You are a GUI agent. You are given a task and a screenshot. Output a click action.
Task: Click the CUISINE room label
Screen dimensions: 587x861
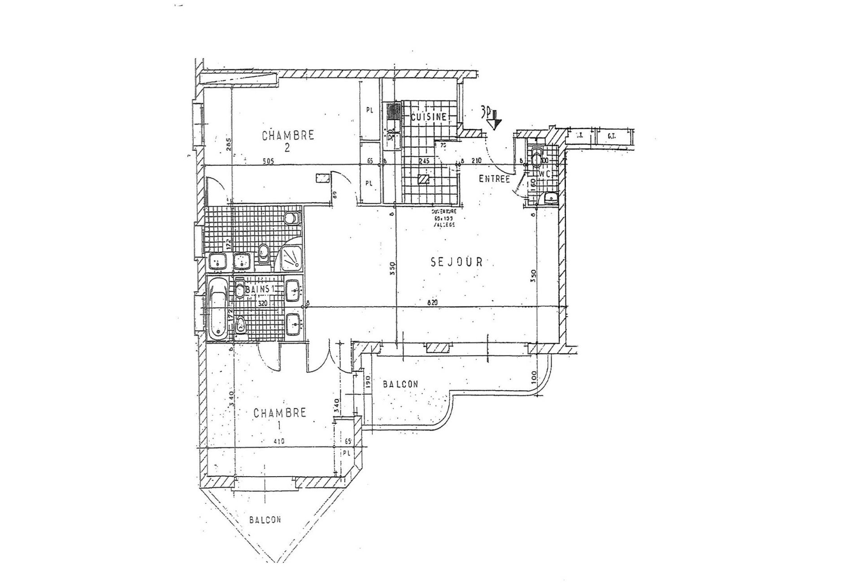[x=429, y=117]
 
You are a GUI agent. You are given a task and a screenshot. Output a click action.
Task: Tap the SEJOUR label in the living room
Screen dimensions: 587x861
[x=457, y=262]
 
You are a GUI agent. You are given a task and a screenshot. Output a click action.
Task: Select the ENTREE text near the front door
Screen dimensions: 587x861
[x=495, y=179]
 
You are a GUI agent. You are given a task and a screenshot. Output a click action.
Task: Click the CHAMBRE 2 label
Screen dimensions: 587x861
[x=287, y=140]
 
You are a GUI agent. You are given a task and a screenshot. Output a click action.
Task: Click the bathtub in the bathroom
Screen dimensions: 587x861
[x=218, y=309]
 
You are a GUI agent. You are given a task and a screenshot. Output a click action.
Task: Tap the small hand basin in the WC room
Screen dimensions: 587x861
[x=550, y=198]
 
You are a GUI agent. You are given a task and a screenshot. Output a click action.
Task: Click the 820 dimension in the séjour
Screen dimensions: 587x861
[x=432, y=303]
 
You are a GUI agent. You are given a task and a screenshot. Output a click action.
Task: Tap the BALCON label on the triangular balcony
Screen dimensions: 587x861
[x=265, y=520]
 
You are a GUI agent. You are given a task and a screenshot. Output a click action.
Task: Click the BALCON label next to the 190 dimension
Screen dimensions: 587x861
[x=400, y=384]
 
